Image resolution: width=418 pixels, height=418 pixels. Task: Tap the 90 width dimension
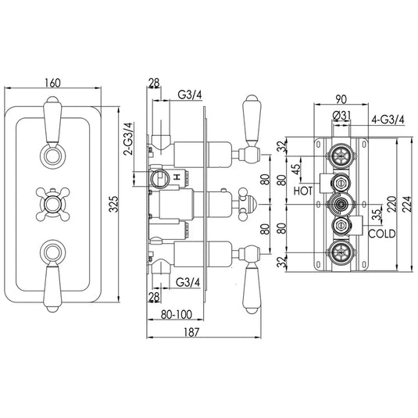point(340,99)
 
